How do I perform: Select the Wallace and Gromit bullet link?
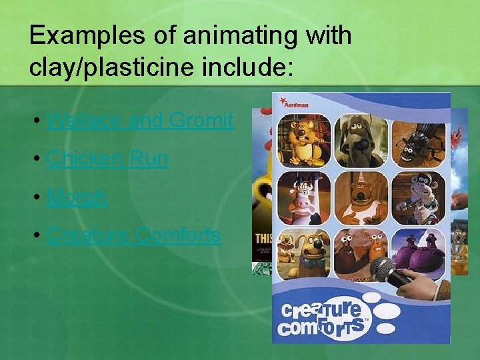click(140, 121)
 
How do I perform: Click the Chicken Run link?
click(107, 159)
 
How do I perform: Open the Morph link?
click(77, 197)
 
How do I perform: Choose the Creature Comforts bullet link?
click(134, 235)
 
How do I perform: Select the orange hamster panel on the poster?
click(303, 140)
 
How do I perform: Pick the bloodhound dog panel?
click(361, 140)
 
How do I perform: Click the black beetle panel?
click(418, 140)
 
